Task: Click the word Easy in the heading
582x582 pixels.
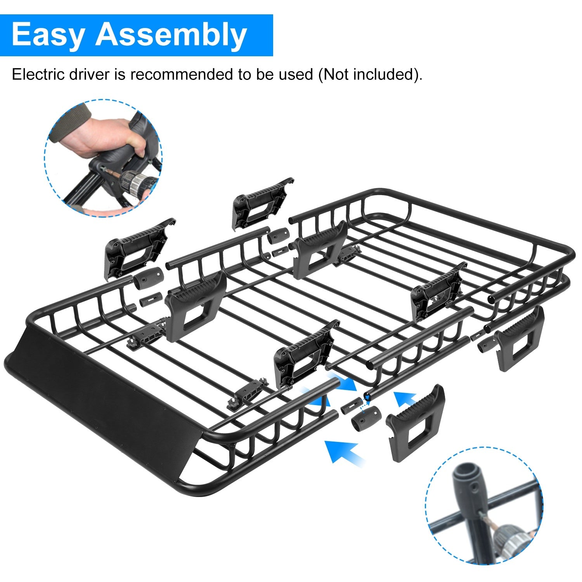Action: click(x=47, y=35)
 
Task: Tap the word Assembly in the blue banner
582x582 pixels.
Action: click(x=171, y=35)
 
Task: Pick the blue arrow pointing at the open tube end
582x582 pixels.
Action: click(x=405, y=400)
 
